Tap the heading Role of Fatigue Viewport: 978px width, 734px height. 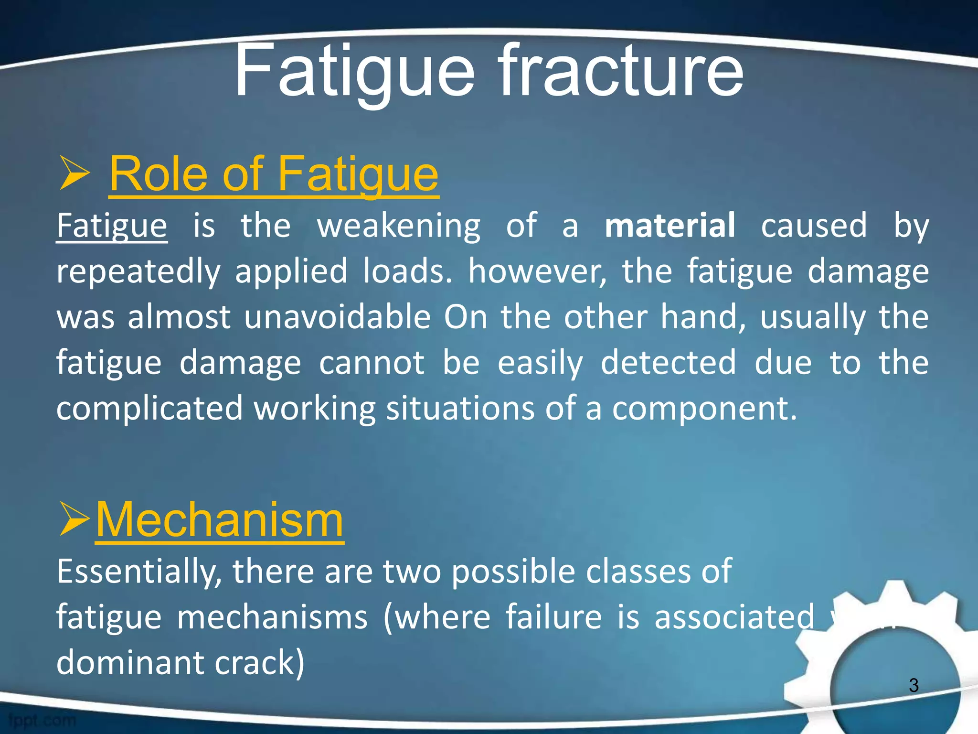[274, 174]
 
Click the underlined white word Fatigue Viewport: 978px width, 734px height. [112, 226]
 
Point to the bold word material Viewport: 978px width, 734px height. [670, 226]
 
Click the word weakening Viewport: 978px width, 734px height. [398, 226]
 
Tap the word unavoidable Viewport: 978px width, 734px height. [337, 317]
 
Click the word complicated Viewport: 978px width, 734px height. [149, 408]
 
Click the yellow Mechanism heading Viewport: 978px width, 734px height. [219, 520]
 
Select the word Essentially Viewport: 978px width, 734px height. [139, 572]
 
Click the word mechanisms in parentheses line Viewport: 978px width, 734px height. [272, 617]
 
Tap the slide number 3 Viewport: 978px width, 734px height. [914, 686]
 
